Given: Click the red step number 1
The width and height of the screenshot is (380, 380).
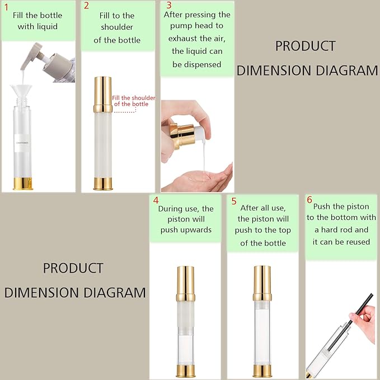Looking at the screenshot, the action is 7,7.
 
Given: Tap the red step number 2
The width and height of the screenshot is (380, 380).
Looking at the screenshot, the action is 87,6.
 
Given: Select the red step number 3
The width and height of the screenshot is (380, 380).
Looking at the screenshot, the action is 169,5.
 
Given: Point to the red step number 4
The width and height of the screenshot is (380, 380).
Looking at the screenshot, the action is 156,200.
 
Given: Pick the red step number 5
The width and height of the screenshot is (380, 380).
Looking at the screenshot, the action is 234,201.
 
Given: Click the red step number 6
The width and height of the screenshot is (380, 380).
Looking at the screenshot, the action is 309,200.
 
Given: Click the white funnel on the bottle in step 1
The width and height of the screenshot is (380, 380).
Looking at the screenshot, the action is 21,91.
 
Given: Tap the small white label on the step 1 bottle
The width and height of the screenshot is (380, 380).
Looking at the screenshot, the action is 22,143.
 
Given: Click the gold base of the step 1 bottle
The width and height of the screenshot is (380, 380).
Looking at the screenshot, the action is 22,184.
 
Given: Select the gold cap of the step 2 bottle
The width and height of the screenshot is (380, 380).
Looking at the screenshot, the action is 103,94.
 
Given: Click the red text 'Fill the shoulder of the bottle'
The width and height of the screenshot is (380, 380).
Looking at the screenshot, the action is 134,101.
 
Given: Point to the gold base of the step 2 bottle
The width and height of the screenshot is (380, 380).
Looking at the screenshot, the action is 103,184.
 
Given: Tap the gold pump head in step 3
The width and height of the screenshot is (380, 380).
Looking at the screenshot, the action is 183,135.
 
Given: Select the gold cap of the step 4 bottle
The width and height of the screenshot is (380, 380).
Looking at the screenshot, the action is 186,283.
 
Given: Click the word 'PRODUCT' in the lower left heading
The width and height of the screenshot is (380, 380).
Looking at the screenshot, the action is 73,268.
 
